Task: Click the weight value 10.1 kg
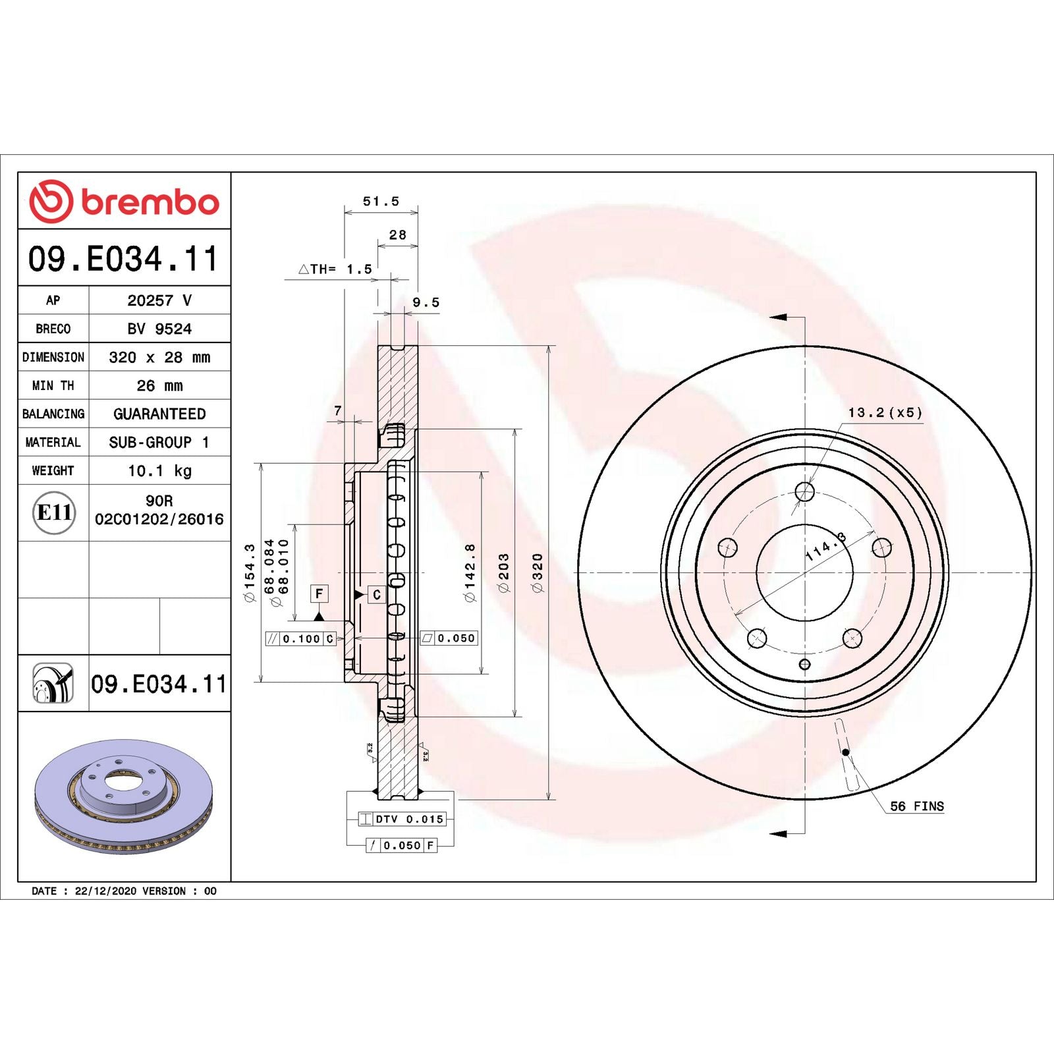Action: [x=159, y=471]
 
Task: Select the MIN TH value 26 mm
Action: [x=159, y=385]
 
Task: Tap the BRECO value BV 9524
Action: [x=159, y=329]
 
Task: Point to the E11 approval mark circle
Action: [x=53, y=513]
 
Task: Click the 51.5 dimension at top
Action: [x=381, y=202]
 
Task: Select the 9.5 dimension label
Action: [x=426, y=302]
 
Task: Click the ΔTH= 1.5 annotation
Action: [x=335, y=269]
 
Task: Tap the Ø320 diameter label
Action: [x=538, y=572]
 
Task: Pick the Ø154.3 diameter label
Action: [x=250, y=572]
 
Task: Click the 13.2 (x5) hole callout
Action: [x=885, y=413]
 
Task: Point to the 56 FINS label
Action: [x=916, y=806]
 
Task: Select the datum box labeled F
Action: [x=319, y=594]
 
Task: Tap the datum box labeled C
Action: [x=376, y=595]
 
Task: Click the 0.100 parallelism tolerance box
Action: [x=300, y=638]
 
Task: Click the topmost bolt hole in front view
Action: [x=804, y=491]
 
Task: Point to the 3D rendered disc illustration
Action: [x=124, y=796]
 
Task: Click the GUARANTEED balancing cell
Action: [x=159, y=414]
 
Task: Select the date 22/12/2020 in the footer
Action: [x=105, y=891]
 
